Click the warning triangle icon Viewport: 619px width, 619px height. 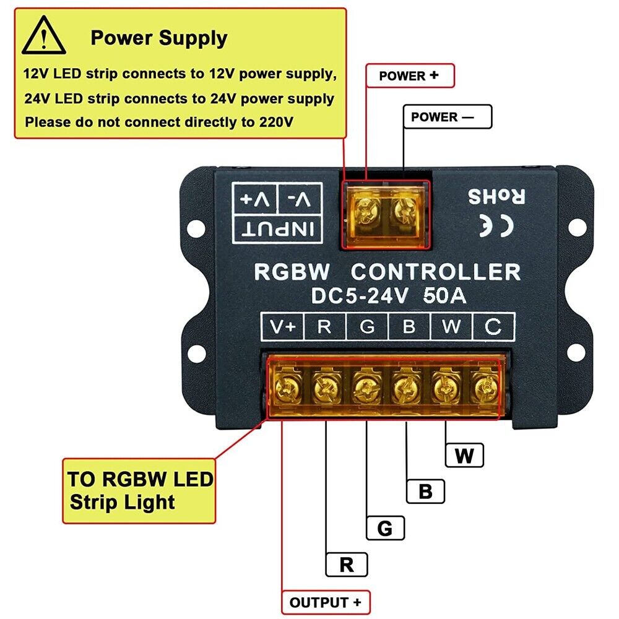(x=43, y=37)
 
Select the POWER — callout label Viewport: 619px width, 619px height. (x=447, y=117)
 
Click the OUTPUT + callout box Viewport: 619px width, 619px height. (x=326, y=602)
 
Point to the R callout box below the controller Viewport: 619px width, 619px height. (x=347, y=565)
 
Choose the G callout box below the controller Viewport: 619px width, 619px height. (x=384, y=528)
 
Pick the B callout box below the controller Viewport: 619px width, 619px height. (x=425, y=491)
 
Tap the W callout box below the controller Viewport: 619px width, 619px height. (x=464, y=456)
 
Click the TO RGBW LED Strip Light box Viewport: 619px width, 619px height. (x=139, y=490)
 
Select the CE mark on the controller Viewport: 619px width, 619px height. (x=497, y=226)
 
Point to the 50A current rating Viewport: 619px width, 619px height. (x=444, y=296)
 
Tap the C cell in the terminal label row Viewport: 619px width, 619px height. (x=493, y=327)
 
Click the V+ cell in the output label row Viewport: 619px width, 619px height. (x=284, y=327)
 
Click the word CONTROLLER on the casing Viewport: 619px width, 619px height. (x=436, y=272)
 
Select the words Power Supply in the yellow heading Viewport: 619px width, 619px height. (x=159, y=38)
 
